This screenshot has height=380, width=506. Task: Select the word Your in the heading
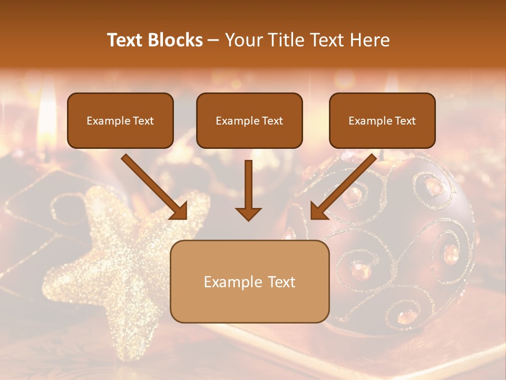pyautogui.click(x=243, y=40)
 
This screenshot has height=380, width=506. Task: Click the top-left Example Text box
pyautogui.click(x=120, y=121)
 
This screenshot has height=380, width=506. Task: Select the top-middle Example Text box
pyautogui.click(x=249, y=121)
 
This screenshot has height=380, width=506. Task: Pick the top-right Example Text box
pyautogui.click(x=382, y=121)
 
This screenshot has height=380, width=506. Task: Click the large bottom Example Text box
pyautogui.click(x=249, y=282)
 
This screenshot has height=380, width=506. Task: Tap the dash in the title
pyautogui.click(x=214, y=40)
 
